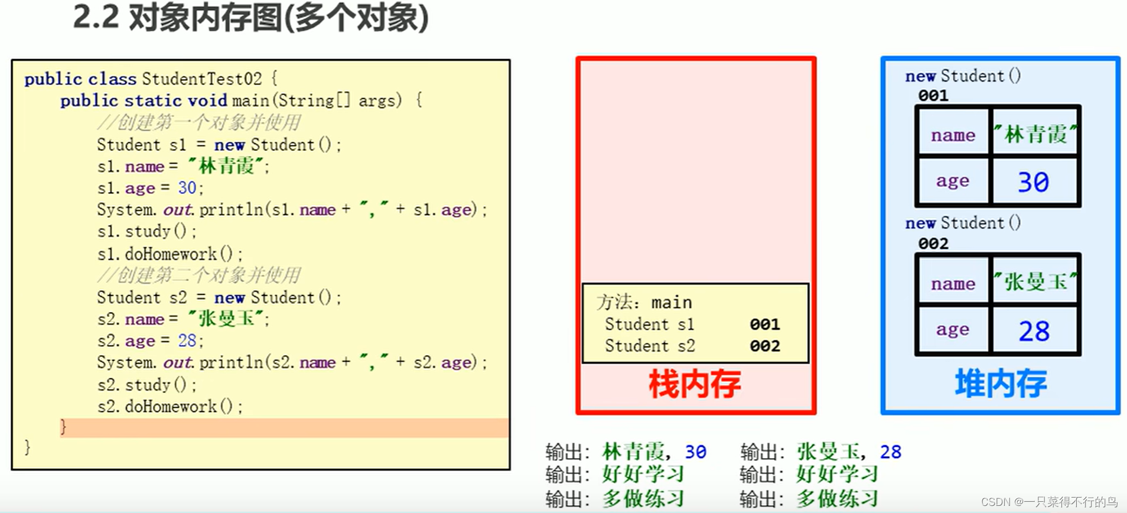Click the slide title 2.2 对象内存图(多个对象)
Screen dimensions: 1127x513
(250, 18)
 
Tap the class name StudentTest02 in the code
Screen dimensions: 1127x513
(201, 79)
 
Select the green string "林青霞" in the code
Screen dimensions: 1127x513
(227, 166)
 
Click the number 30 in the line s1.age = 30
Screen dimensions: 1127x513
(187, 188)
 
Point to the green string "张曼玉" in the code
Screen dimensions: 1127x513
(227, 319)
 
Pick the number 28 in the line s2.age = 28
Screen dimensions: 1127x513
(187, 340)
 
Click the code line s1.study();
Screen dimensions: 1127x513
(146, 231)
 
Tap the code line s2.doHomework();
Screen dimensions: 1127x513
(170, 406)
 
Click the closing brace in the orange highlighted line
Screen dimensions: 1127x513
(63, 427)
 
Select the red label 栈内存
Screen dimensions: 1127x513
(695, 384)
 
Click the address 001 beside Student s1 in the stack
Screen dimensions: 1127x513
(765, 324)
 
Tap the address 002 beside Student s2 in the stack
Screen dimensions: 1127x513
(765, 346)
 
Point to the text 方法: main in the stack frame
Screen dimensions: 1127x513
(644, 303)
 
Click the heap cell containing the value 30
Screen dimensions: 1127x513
(1034, 181)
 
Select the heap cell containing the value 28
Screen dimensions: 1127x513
(1034, 330)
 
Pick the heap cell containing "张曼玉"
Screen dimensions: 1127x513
(1035, 282)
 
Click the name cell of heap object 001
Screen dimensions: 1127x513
(953, 135)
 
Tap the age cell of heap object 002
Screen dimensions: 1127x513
(953, 329)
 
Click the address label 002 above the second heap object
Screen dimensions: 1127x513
(933, 243)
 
